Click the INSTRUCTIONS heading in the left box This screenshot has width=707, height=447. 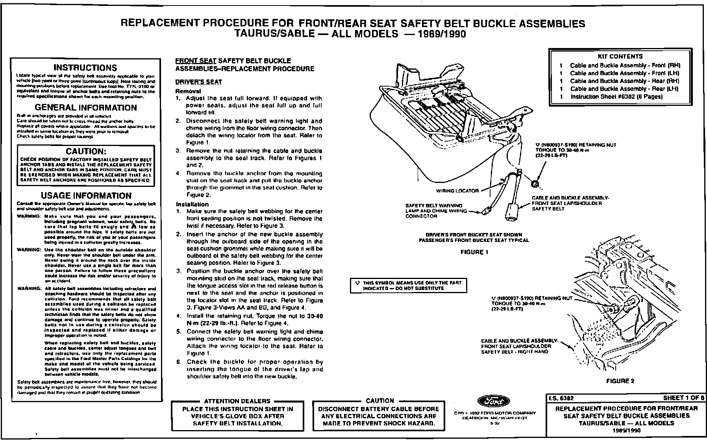click(x=85, y=68)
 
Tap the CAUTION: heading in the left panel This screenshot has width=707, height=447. click(x=86, y=151)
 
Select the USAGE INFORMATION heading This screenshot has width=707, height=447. click(x=86, y=196)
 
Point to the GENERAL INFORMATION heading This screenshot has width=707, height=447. click(x=86, y=108)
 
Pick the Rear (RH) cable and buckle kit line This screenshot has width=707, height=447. click(x=625, y=81)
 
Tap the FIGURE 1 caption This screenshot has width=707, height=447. click(x=474, y=252)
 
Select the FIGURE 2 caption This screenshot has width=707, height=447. click(x=620, y=381)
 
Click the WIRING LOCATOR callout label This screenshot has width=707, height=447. click(x=457, y=191)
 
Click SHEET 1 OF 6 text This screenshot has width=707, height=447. click(x=683, y=398)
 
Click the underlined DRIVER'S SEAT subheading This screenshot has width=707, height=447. click(x=198, y=82)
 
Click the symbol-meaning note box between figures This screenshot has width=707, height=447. click(x=408, y=285)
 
